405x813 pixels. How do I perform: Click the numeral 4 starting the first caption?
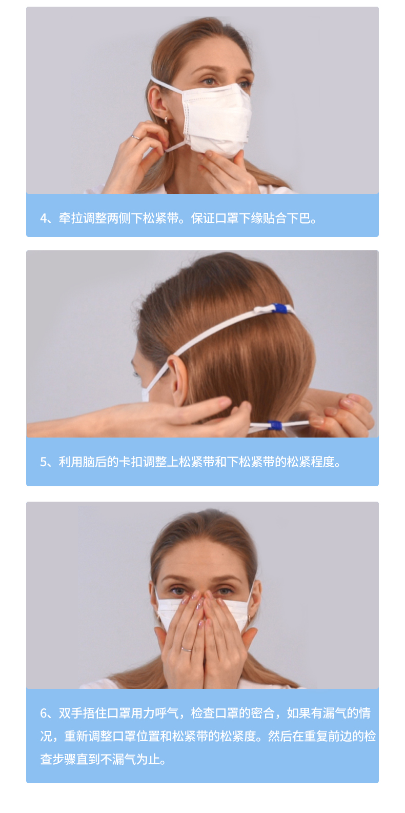(44, 218)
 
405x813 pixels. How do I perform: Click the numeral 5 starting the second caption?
(44, 462)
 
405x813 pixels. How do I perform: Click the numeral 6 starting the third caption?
(44, 713)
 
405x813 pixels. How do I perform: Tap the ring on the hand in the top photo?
(135, 137)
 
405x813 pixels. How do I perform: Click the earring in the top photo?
(166, 120)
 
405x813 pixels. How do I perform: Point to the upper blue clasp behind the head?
(279, 308)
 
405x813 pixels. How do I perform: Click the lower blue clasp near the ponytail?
(275, 425)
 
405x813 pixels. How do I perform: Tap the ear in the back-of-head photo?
(178, 381)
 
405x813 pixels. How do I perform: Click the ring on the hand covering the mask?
(186, 649)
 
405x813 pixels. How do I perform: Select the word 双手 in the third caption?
(71, 713)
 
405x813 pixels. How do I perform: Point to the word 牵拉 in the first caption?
(71, 218)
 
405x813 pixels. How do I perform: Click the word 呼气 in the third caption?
(167, 713)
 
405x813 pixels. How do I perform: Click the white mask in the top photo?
(217, 118)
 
